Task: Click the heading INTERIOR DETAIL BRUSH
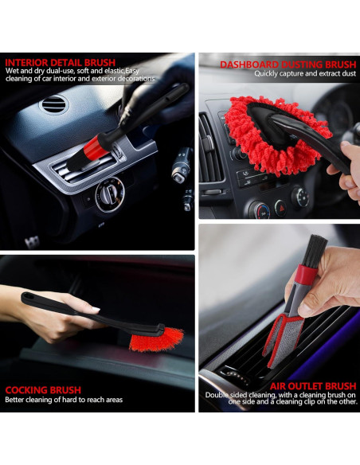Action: (x=60, y=62)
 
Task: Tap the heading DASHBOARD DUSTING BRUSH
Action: (x=288, y=64)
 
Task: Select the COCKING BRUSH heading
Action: (x=43, y=390)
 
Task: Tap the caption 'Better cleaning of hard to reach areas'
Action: (x=64, y=400)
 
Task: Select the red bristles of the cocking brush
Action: (x=155, y=335)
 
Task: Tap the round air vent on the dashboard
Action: (x=54, y=104)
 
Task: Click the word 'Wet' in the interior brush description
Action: (x=13, y=71)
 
